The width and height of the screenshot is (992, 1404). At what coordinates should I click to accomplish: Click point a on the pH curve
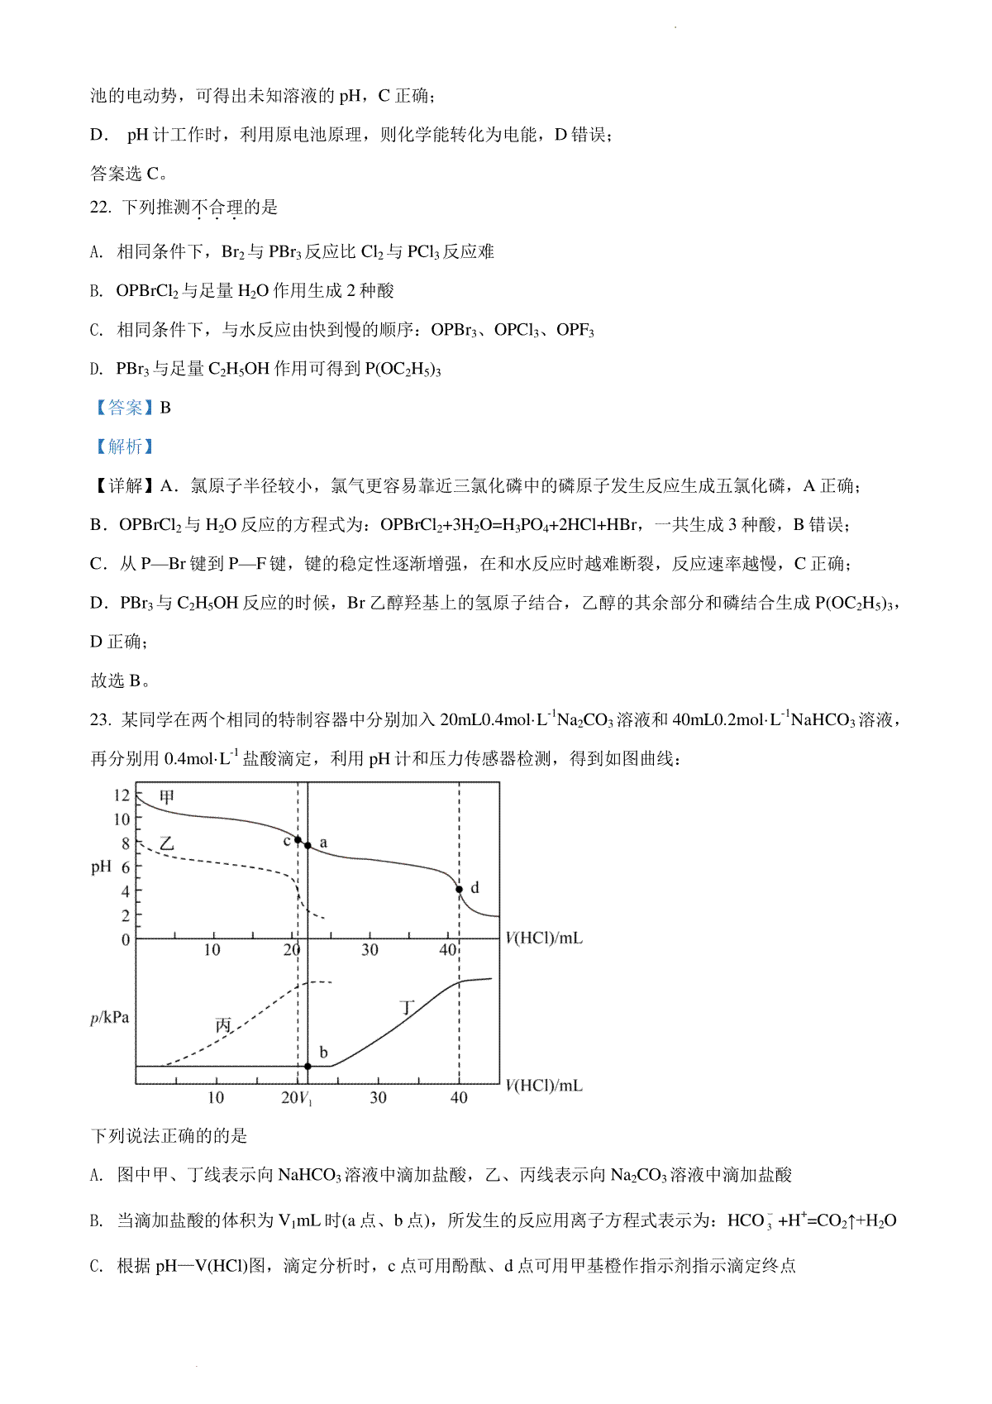[x=308, y=845]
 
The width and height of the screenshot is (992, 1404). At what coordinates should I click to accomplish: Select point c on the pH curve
[x=298, y=839]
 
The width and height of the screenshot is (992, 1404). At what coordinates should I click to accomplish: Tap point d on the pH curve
[x=460, y=890]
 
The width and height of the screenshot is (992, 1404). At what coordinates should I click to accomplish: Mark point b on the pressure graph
[x=308, y=1067]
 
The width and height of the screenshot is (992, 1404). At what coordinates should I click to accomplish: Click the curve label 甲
[x=167, y=797]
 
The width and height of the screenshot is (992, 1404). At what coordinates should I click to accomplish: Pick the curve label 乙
[x=167, y=843]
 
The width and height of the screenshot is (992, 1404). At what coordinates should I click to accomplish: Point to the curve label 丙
[x=223, y=1025]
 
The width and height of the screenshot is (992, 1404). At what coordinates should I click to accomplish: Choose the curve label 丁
[x=407, y=1007]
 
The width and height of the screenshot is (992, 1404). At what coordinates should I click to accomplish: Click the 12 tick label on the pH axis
[x=122, y=795]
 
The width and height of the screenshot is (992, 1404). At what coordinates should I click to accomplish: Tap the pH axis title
[x=101, y=867]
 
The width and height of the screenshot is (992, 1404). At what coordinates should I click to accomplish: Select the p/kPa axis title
[x=109, y=1017]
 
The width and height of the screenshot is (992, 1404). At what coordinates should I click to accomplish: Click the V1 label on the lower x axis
[x=304, y=1098]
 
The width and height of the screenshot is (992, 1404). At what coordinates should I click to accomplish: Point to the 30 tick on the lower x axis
[x=378, y=1097]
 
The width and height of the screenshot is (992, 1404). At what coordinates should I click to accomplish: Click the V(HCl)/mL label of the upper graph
[x=543, y=938]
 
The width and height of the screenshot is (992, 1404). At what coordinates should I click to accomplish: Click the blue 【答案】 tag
[x=124, y=408]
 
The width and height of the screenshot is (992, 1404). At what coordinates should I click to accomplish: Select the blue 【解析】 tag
[x=124, y=447]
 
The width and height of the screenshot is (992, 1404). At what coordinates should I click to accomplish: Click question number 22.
[x=100, y=208]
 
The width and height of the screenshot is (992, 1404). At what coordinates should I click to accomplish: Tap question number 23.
[x=100, y=720]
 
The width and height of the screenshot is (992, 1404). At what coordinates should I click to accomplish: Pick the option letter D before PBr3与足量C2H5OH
[x=97, y=370]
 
